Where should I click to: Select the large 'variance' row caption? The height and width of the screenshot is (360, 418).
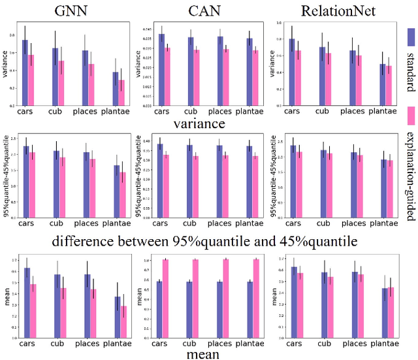tap(199, 122)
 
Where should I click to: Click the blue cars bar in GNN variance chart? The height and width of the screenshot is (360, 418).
tap(25, 73)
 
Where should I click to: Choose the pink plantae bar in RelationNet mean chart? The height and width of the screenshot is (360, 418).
tap(391, 313)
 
